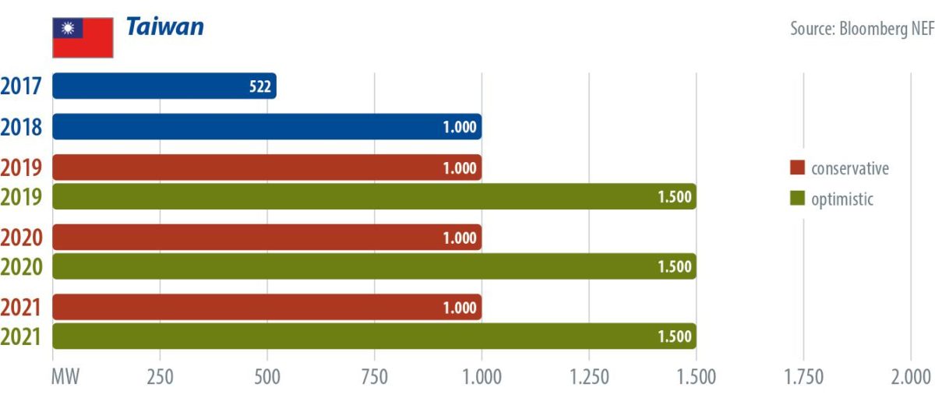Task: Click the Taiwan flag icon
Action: point(83,37)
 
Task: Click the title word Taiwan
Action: point(164,27)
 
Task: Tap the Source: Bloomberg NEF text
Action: point(861,29)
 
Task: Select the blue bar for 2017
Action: point(164,86)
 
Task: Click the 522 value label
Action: point(260,87)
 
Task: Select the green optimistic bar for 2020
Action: point(374,266)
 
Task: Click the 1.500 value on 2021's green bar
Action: point(675,336)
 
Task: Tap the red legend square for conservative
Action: point(796,169)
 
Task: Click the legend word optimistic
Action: point(842,199)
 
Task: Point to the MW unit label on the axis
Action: point(65,378)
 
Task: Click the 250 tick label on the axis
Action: point(160,378)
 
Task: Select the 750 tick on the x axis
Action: point(374,378)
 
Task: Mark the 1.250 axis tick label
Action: point(589,378)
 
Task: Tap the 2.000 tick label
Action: point(910,378)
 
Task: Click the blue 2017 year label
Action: point(22,86)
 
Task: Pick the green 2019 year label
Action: point(22,198)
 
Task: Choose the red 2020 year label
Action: point(22,238)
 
